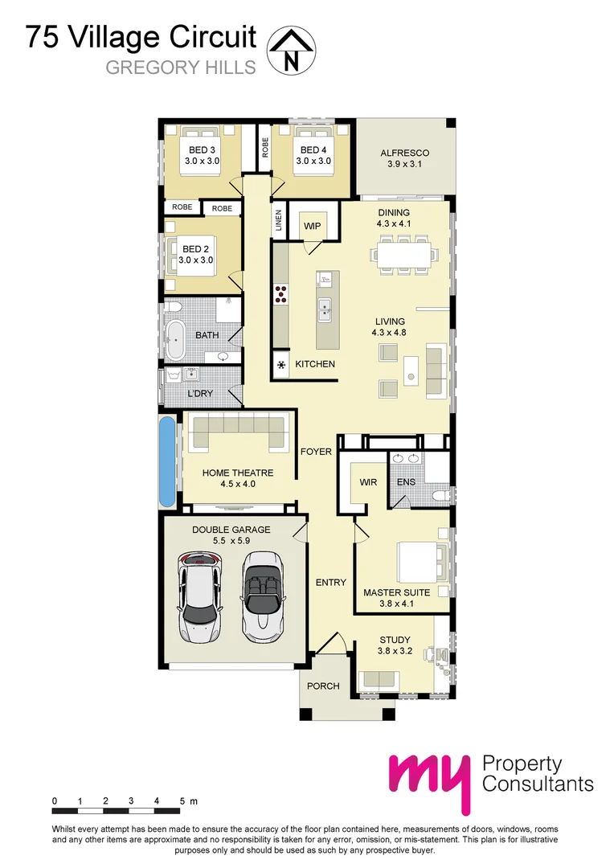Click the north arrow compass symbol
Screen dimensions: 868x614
(291, 50)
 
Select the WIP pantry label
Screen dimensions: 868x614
(312, 227)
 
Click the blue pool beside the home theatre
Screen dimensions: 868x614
(166, 461)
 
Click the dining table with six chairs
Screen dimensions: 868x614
(399, 254)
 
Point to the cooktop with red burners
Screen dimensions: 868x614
(282, 294)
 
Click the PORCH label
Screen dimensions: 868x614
(323, 686)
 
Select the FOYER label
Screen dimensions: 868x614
(316, 452)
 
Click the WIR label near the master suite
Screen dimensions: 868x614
(369, 483)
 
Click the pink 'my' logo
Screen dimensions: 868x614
(430, 780)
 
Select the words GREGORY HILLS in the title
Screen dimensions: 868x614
(181, 68)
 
